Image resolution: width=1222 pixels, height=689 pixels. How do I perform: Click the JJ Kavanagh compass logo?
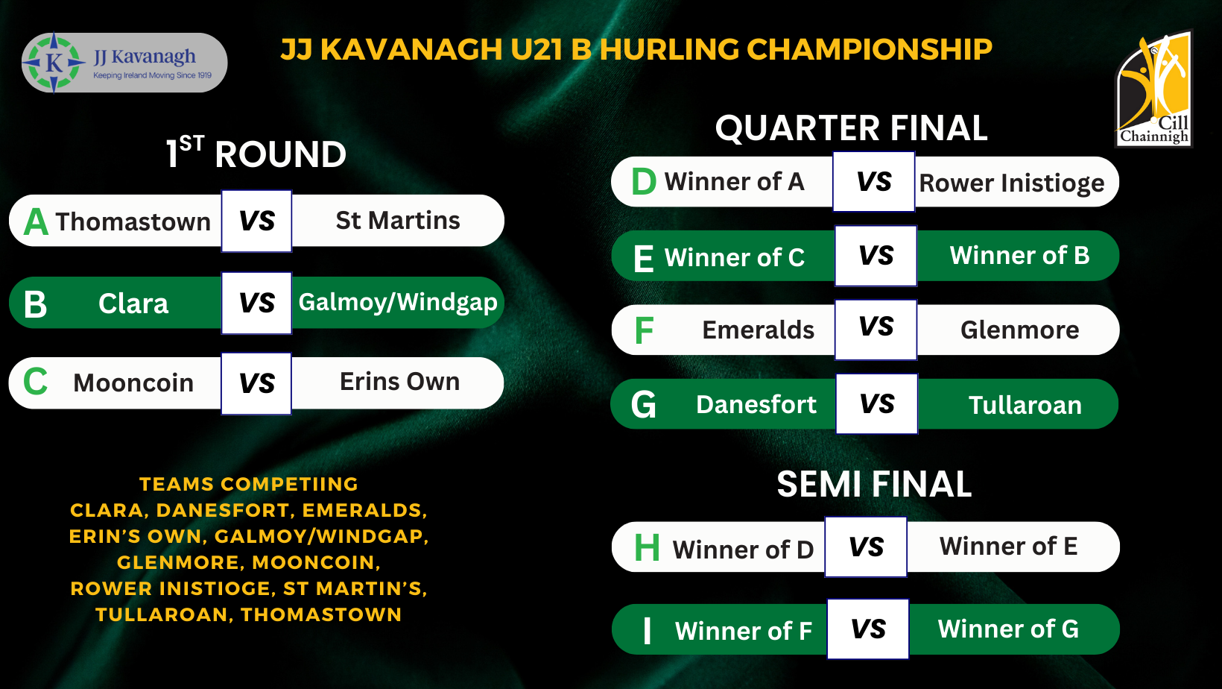tap(54, 63)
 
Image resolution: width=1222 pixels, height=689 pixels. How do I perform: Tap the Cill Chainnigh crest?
tap(1153, 89)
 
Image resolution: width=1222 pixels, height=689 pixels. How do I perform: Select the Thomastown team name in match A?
tap(133, 221)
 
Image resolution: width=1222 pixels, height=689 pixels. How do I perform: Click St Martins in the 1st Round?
tap(398, 221)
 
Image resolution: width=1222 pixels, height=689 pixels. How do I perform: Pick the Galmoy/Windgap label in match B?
tap(398, 303)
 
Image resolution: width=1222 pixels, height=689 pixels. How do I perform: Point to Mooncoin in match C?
tap(133, 383)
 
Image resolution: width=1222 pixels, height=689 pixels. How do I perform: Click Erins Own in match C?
tap(400, 382)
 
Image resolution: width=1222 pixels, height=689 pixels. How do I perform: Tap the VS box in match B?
tap(256, 303)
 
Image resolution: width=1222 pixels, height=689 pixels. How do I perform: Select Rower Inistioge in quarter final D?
tap(1012, 183)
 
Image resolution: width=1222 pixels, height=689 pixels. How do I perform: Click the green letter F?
tap(645, 330)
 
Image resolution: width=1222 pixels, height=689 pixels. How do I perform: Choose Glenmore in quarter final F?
tap(1019, 330)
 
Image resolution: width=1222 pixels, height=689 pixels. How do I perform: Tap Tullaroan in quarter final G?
tap(1025, 405)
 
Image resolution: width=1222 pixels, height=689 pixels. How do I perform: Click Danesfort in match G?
tap(756, 405)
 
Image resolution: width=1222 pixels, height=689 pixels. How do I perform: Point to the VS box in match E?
tap(876, 256)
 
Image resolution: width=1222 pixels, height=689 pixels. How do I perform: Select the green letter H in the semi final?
tap(647, 547)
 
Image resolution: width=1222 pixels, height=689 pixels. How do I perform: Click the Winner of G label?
tap(1008, 629)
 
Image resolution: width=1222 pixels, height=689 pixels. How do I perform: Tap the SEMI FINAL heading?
tap(874, 484)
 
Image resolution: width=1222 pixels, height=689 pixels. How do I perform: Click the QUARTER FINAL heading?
tap(852, 128)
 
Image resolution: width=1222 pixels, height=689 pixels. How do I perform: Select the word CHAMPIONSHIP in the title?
tap(870, 49)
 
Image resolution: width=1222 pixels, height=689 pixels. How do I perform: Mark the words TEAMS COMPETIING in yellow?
tap(249, 484)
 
